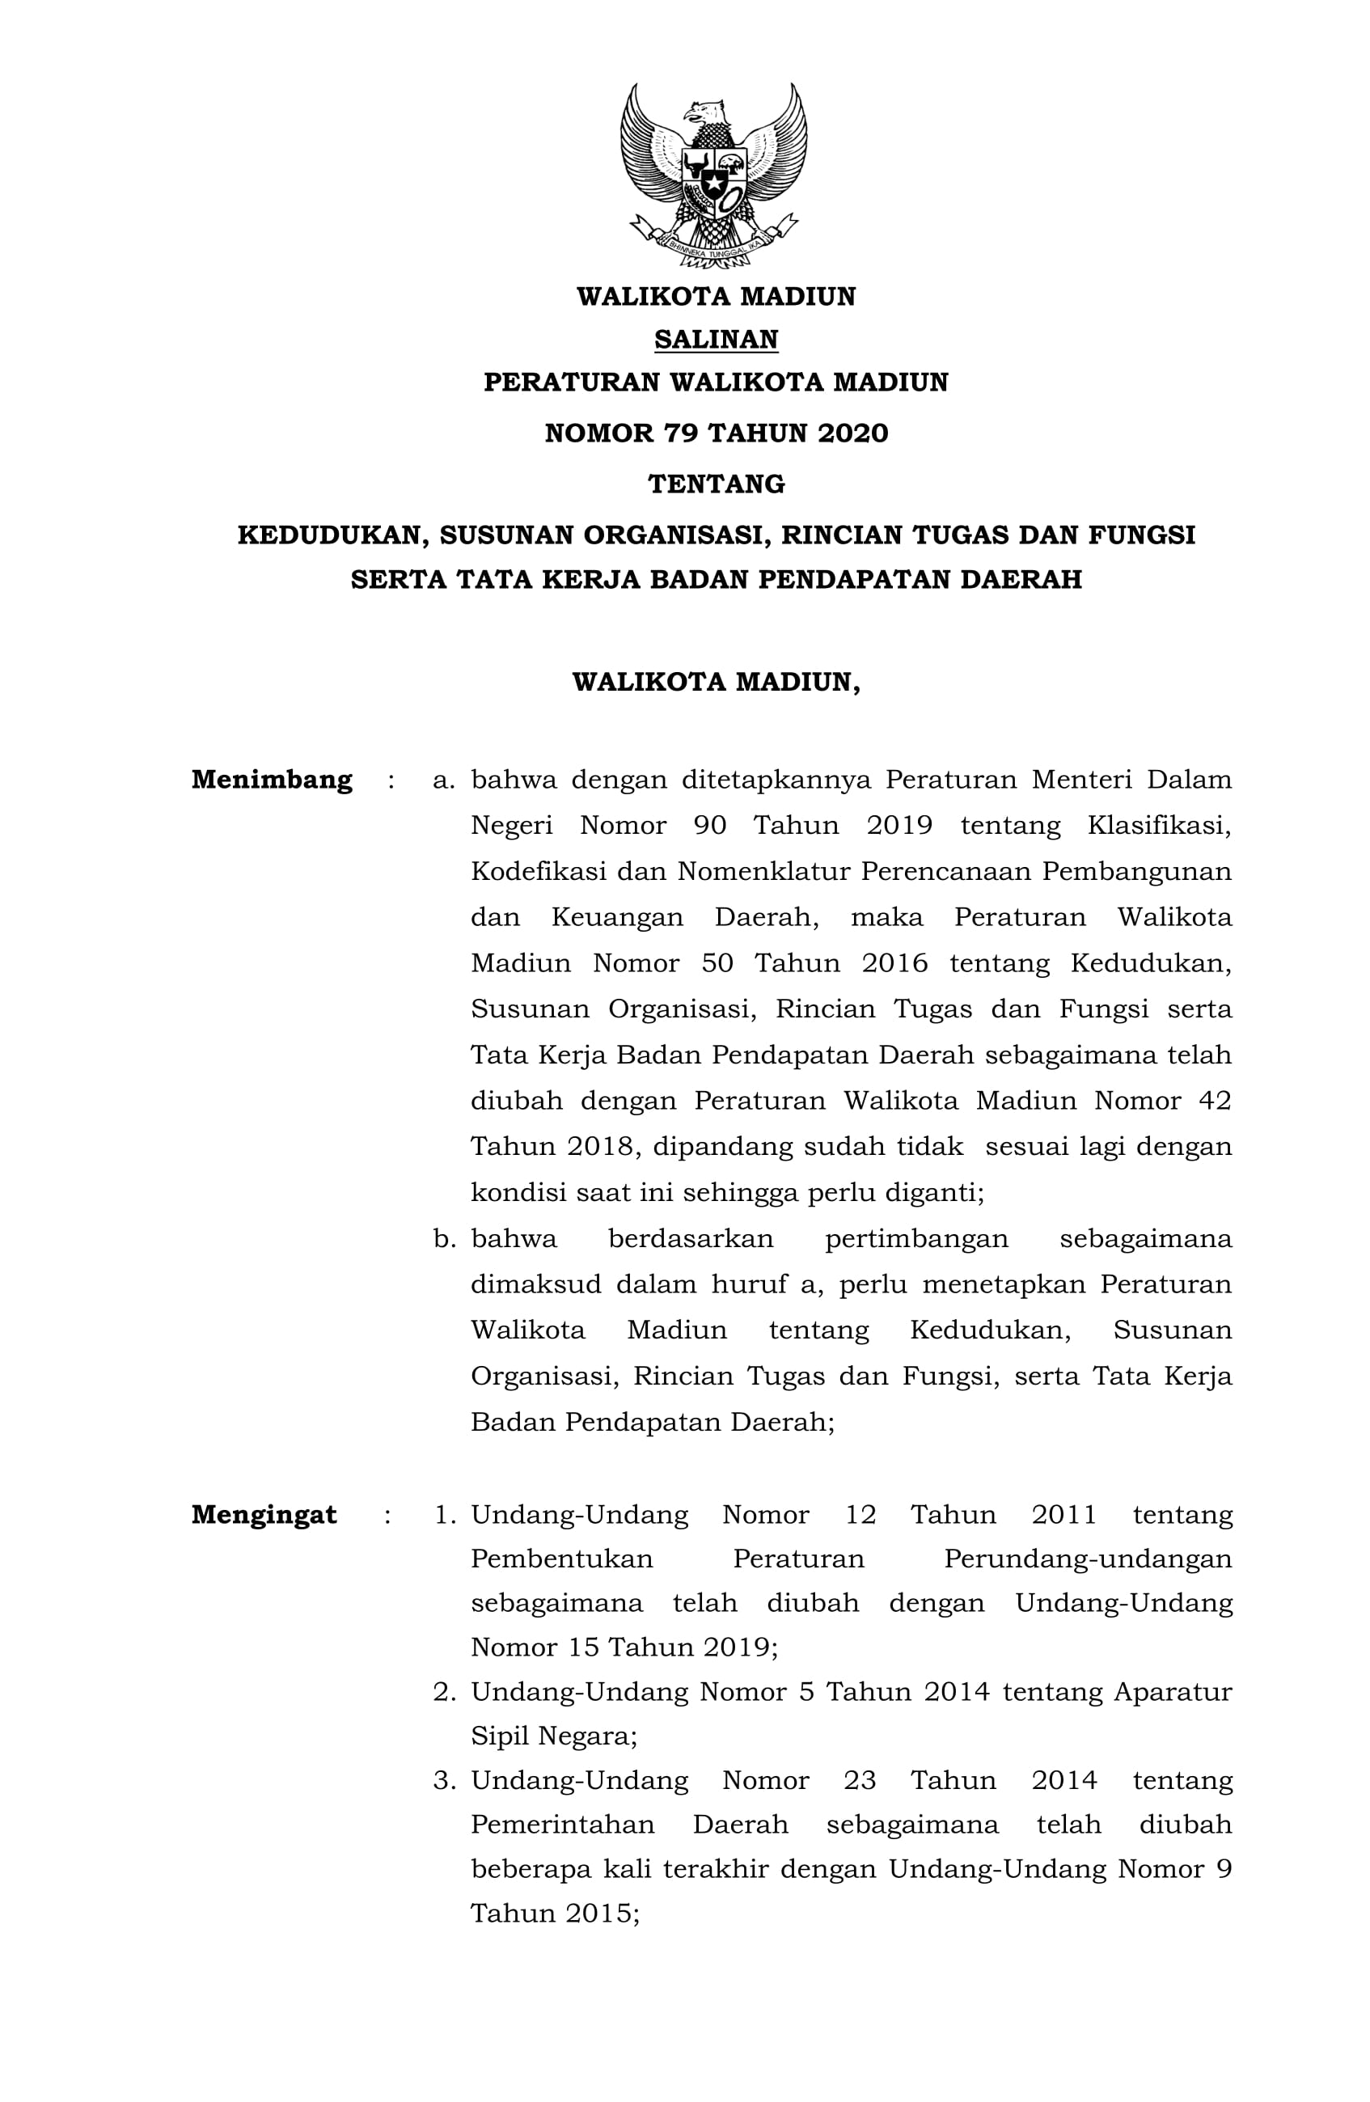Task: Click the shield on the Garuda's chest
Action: [712, 180]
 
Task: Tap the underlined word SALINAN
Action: [716, 339]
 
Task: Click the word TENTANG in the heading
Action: [716, 484]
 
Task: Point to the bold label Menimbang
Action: [271, 780]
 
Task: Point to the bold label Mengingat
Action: [263, 1515]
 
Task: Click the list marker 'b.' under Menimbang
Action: [443, 1239]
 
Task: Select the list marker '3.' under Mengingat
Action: [443, 1779]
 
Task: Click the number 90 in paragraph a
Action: [709, 826]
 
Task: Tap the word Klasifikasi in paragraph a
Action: [1158, 826]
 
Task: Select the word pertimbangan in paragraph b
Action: [916, 1239]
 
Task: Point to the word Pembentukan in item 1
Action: [562, 1559]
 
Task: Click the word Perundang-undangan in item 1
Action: [1087, 1559]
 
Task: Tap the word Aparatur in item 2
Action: [1172, 1691]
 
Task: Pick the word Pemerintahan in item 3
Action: [562, 1824]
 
